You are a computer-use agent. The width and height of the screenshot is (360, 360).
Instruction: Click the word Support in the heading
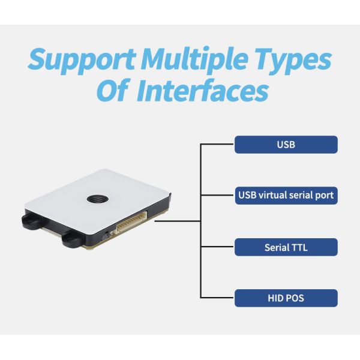point(81,61)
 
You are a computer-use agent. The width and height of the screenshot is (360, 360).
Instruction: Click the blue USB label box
point(286,145)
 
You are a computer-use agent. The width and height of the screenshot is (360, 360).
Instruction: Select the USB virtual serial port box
point(286,196)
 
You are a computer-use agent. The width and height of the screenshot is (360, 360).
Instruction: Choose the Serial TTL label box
point(286,247)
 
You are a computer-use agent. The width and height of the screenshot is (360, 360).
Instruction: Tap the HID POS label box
point(286,298)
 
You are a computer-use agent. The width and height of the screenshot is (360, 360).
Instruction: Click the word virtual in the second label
point(277,196)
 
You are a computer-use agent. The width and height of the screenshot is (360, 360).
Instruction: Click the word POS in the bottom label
point(295,298)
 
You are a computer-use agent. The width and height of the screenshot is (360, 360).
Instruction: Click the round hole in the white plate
point(95,198)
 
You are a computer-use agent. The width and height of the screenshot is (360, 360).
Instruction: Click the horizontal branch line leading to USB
point(217,145)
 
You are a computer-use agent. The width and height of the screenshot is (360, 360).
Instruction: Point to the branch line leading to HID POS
point(217,298)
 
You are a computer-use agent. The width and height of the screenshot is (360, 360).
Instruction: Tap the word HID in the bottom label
point(275,298)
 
